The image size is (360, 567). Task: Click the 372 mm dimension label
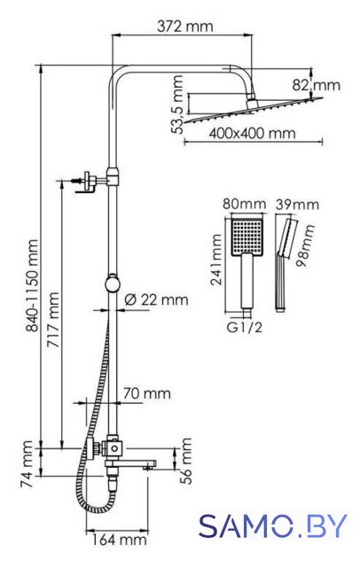point(185,27)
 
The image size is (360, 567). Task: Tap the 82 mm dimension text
point(317,85)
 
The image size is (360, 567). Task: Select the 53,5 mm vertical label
point(177,105)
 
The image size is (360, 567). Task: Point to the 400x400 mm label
point(252,134)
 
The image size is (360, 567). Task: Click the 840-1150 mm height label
point(33,285)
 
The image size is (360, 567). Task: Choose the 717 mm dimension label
point(53,320)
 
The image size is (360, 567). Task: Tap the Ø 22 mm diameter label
point(156,299)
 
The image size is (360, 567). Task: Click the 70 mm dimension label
point(146,393)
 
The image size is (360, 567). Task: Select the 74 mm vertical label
point(27,464)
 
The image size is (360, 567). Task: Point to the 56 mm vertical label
point(185,461)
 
